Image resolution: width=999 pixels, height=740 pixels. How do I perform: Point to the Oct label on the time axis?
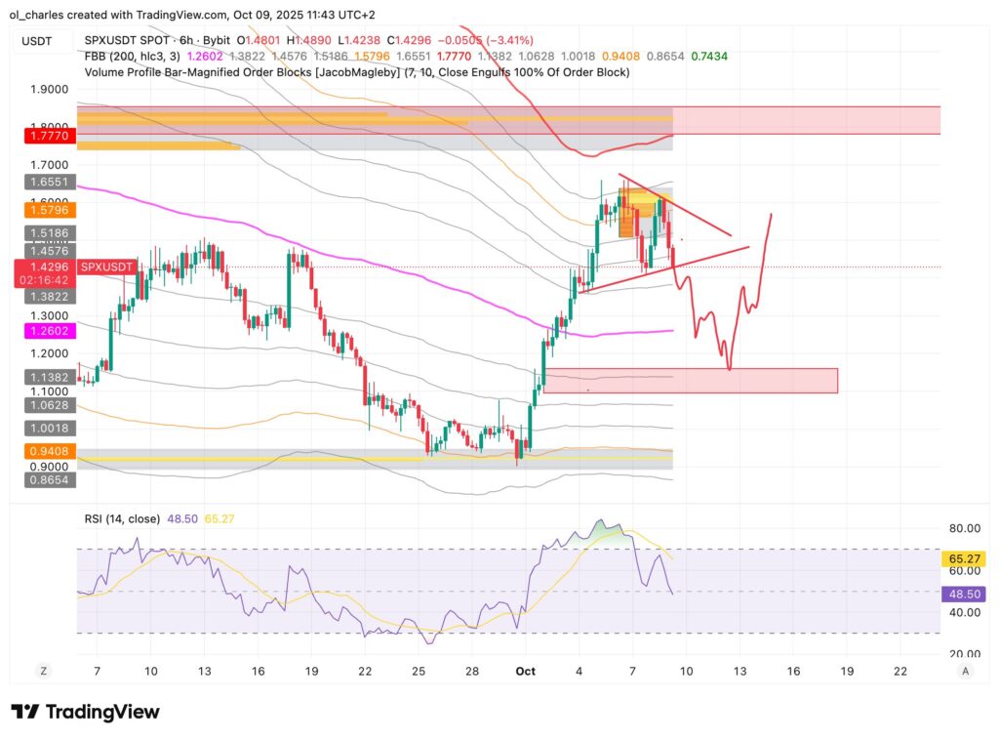[527, 672]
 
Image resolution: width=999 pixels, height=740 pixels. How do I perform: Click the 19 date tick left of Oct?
[310, 672]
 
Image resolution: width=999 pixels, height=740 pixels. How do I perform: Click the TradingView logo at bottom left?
[85, 712]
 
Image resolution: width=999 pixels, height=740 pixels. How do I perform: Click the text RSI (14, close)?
[121, 519]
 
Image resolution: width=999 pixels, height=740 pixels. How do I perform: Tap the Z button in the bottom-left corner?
[43, 671]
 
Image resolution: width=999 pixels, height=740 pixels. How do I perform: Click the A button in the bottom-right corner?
[965, 671]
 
